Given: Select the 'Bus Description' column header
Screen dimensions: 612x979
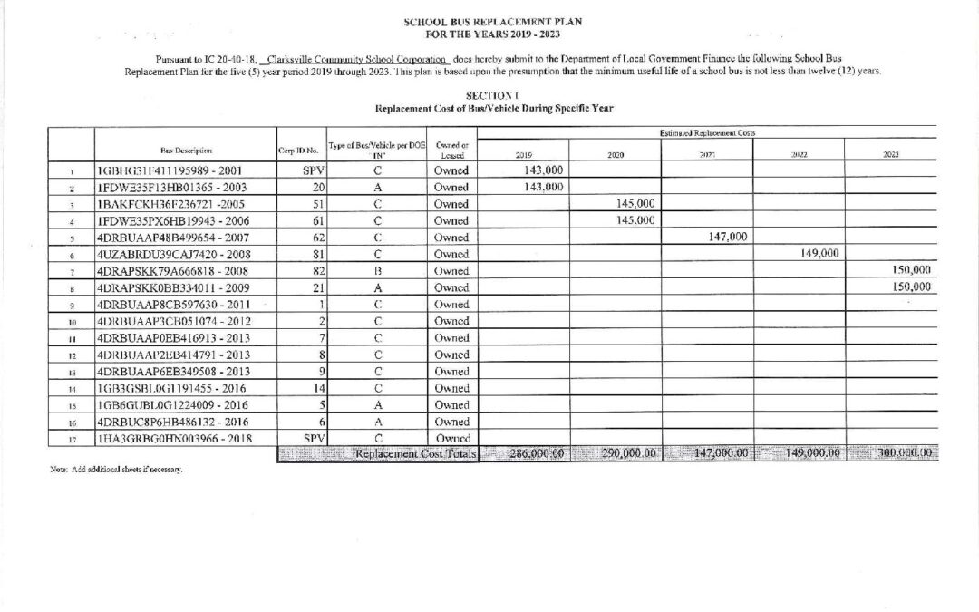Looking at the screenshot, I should click(x=187, y=151).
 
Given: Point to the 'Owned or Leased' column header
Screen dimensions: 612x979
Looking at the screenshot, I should click(x=451, y=151).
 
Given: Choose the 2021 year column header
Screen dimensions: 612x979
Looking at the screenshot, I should click(x=707, y=154).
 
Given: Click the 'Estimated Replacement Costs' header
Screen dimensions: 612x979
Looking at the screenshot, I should click(x=708, y=133).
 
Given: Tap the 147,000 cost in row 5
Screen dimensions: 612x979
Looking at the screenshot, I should click(x=725, y=237).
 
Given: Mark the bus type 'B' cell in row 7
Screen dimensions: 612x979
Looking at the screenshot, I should click(x=376, y=271).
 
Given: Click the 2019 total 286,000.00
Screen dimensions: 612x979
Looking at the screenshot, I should click(x=522, y=453).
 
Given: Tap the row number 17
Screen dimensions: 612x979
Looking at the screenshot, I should click(x=70, y=440).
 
